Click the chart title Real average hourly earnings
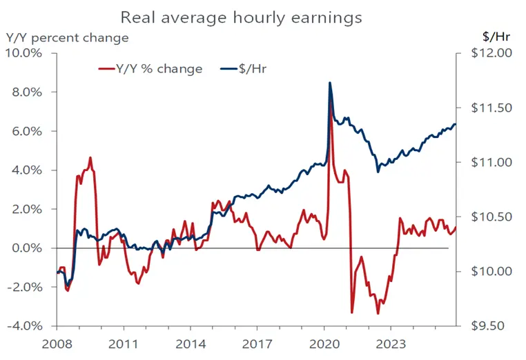coord(241,15)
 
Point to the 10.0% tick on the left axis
coord(25,54)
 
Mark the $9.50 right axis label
coord(491,326)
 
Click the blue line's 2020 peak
coord(330,83)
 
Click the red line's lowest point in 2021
coord(352,312)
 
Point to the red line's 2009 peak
coord(90,157)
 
